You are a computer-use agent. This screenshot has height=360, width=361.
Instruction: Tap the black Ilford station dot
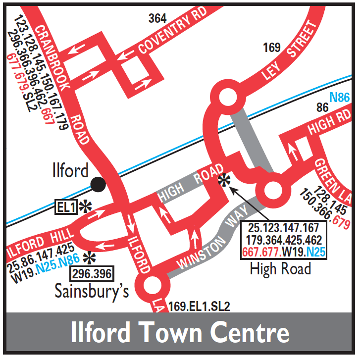[x=99, y=185]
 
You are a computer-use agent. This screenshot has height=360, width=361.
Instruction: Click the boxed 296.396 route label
[x=92, y=273]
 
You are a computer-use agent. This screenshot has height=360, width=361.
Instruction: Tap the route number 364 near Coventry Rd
[x=157, y=19]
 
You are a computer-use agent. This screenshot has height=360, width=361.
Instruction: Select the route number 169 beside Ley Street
[x=272, y=48]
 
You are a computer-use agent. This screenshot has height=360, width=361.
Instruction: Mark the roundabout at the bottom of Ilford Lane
[x=152, y=286]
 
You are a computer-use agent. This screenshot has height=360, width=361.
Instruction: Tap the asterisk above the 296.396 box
[x=89, y=257]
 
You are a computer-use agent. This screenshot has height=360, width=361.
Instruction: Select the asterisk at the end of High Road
[x=225, y=180]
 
